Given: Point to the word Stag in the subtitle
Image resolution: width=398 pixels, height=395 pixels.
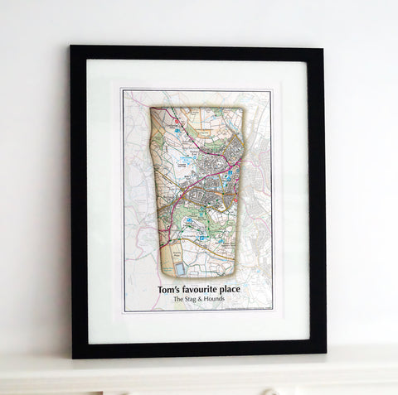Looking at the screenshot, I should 193,300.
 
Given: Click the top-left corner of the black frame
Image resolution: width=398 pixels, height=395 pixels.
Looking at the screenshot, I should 71,46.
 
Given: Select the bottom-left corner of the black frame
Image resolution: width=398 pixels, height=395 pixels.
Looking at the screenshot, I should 74,357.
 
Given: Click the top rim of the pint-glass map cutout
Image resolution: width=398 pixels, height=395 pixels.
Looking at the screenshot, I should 197,108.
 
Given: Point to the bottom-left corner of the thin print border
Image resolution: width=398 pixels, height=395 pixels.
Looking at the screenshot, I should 124,311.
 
